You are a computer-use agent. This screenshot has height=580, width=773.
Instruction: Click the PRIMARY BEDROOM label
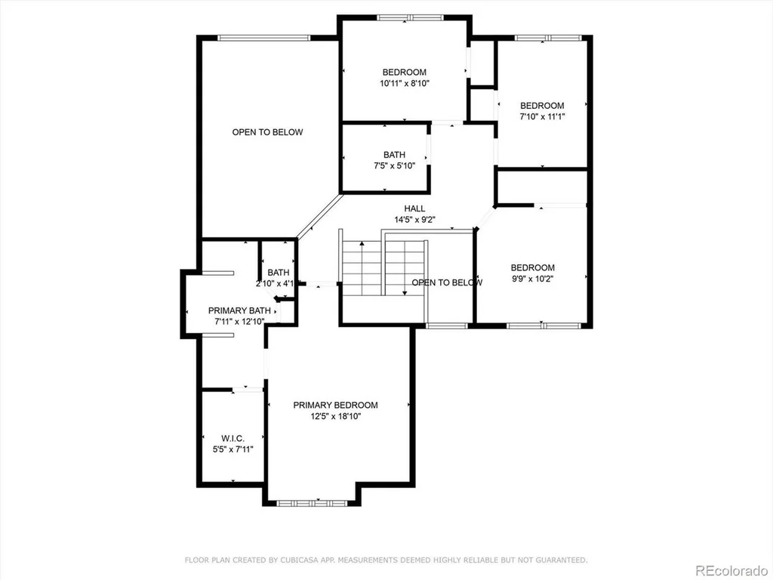point(335,405)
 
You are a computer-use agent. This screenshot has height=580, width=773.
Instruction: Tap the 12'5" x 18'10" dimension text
point(335,416)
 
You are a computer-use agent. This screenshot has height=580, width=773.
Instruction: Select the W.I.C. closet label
point(233,438)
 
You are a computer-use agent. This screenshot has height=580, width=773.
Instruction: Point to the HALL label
point(414,208)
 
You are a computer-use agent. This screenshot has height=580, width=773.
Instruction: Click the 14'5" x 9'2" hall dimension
point(414,220)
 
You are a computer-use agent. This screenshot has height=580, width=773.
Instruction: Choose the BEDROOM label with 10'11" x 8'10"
point(405,72)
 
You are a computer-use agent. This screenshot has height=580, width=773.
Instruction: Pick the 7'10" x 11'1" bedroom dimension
point(542,117)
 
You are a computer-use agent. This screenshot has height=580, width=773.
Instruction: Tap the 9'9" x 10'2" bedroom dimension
point(532,279)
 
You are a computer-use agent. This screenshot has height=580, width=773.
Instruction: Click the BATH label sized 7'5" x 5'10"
point(394,154)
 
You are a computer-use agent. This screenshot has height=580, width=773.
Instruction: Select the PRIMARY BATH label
point(239,310)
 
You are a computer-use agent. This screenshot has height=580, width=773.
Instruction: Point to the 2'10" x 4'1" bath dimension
point(278,284)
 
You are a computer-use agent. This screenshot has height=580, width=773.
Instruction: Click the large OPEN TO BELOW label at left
point(268,132)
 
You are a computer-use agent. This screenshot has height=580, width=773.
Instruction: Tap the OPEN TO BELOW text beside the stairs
point(447,282)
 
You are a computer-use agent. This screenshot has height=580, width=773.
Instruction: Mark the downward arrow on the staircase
point(405,268)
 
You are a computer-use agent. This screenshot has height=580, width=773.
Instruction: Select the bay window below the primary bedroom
point(312,503)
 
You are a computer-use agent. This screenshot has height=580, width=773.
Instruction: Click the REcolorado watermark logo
point(731,571)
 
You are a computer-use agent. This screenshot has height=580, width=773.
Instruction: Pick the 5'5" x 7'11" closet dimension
point(233,449)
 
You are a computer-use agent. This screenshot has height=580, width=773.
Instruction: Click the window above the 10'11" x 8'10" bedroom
point(410,18)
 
